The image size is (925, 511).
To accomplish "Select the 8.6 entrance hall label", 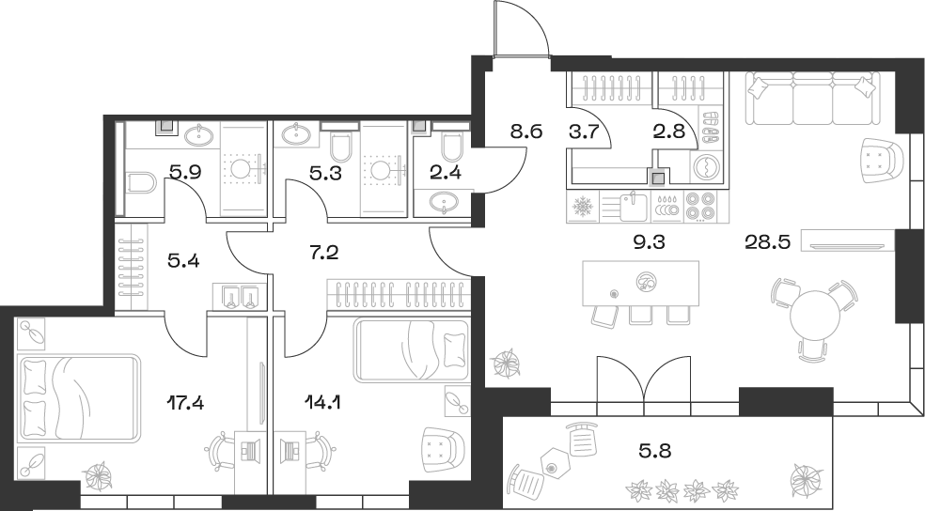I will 525,132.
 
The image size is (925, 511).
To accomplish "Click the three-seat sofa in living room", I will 813,99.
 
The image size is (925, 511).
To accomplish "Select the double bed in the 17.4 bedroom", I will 77,397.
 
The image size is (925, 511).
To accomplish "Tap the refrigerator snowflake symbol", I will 585,206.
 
